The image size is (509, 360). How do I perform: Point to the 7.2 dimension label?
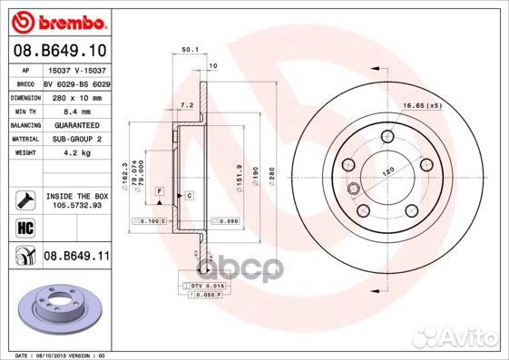coord(188,106)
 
